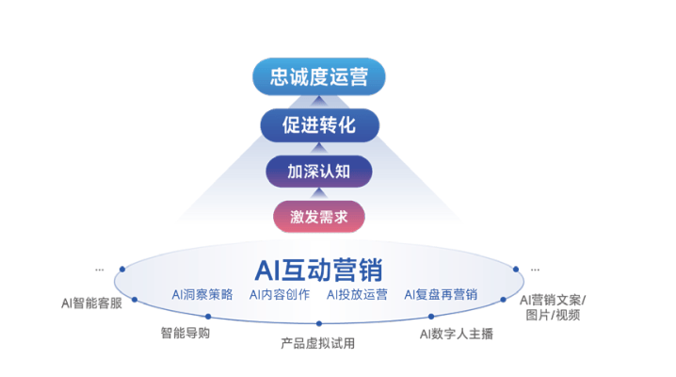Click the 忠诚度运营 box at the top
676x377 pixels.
coord(318,76)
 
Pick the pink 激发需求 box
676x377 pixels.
coord(318,218)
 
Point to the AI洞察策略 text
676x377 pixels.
coord(202,295)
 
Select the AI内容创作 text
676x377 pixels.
coord(280,295)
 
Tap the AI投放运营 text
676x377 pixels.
coord(357,295)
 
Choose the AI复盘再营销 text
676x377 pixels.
coord(441,295)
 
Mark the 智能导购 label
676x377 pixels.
coord(185,333)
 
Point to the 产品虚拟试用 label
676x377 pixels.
coord(318,343)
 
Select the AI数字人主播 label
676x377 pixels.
coord(456,334)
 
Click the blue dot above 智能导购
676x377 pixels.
coord(208,317)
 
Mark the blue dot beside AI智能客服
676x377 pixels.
coord(135,300)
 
